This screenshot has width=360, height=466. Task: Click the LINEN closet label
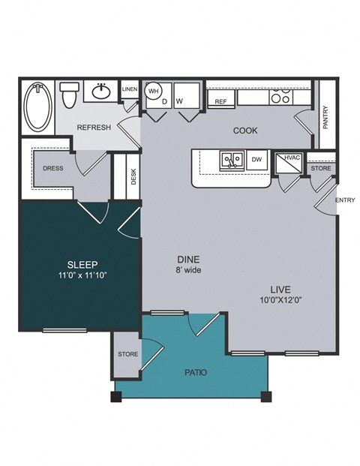click(129, 89)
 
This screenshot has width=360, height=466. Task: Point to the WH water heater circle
click(153, 92)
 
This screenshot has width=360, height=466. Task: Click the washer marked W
click(180, 101)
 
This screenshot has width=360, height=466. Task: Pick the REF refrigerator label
click(220, 101)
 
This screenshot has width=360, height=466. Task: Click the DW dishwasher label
click(256, 159)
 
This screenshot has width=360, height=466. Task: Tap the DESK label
click(133, 177)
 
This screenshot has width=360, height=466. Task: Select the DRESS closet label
click(52, 169)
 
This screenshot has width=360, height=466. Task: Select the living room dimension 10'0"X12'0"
click(281, 300)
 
